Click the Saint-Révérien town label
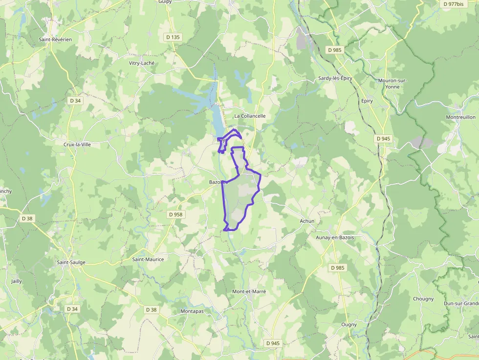coord(55,39)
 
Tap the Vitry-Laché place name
coord(141,63)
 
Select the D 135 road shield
coord(173,37)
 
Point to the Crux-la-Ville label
coord(77,145)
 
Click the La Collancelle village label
coord(250,116)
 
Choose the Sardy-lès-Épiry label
coord(335,78)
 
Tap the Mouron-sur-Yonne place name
coord(392,84)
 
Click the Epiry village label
coord(367,101)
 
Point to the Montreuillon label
coord(460,117)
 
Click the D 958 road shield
coord(175,214)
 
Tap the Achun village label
coord(307,221)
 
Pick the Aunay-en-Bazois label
coord(335,237)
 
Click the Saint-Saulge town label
coord(71,262)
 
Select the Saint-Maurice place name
coord(148,259)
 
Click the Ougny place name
coord(349,324)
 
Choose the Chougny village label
coord(423,299)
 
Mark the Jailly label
coord(17,281)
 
